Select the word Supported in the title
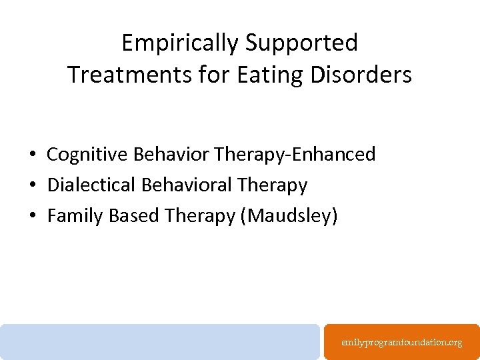point(302,43)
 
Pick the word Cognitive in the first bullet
point(87,155)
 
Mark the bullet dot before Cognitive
point(32,155)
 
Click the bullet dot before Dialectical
point(32,185)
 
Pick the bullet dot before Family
point(32,216)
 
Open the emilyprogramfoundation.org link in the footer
point(401,342)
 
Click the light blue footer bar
point(160,341)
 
